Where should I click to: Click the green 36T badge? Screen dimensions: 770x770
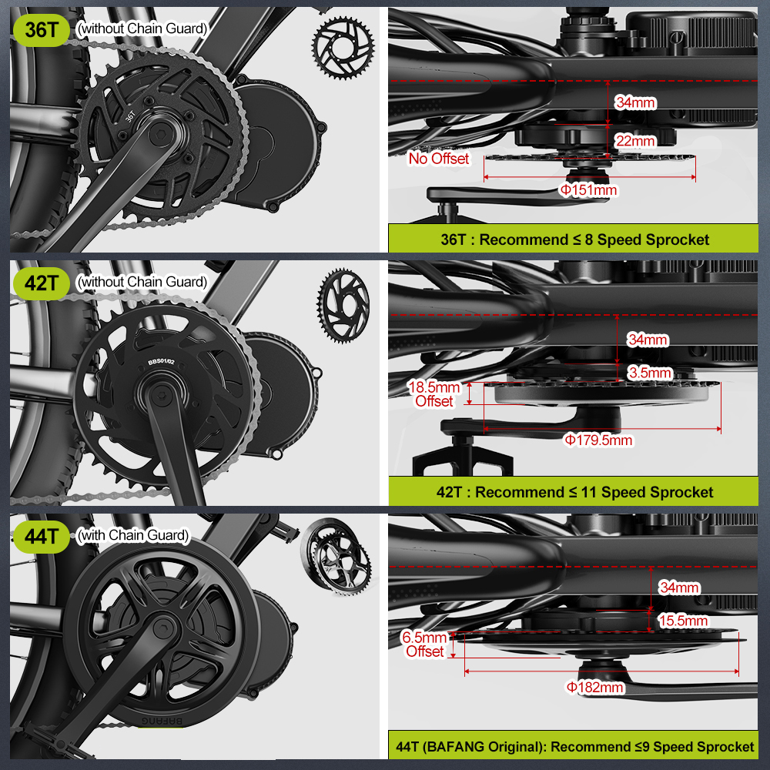click(x=42, y=30)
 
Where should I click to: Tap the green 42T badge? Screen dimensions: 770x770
click(x=42, y=283)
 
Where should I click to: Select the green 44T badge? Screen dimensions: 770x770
click(x=42, y=537)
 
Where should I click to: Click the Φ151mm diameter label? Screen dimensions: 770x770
click(x=589, y=190)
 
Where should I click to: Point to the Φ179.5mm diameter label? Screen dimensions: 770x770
click(x=598, y=440)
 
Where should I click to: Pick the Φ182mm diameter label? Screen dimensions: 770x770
click(x=595, y=687)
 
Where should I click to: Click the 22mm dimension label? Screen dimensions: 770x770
click(x=635, y=141)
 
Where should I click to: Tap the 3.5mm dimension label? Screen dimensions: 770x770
click(x=650, y=373)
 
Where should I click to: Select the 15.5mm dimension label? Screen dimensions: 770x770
click(x=683, y=621)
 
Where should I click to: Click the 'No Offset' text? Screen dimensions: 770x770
click(x=439, y=159)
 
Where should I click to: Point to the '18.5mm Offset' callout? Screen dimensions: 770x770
click(x=434, y=394)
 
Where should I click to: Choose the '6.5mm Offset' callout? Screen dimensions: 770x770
click(x=425, y=644)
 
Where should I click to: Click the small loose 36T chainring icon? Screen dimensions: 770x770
click(x=343, y=48)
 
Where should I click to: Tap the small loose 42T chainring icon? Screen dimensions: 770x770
click(x=343, y=306)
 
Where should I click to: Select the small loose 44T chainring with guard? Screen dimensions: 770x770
click(x=336, y=556)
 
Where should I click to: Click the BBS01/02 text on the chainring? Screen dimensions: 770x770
click(x=161, y=362)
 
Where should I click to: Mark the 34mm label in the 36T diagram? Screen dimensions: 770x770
click(x=635, y=102)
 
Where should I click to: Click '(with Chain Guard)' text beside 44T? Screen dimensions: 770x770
click(x=133, y=535)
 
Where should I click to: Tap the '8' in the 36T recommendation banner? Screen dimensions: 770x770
click(x=588, y=239)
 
